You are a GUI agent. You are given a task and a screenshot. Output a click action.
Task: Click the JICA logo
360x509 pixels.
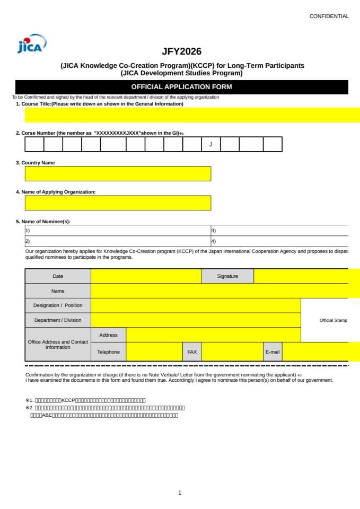click(x=32, y=44)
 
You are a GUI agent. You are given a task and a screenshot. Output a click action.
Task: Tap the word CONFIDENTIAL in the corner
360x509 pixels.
click(x=329, y=16)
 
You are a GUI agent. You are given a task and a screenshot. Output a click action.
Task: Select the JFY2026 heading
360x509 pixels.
click(x=181, y=52)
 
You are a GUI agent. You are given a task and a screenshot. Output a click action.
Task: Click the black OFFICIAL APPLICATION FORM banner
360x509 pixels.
click(x=181, y=87)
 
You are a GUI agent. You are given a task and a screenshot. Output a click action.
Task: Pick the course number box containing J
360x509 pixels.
click(x=210, y=144)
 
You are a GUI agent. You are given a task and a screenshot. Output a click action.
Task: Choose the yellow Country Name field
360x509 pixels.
click(x=118, y=173)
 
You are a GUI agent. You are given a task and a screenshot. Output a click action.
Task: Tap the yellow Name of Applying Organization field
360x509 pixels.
click(x=118, y=203)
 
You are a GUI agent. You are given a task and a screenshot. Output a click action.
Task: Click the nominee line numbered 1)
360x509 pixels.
click(x=117, y=231)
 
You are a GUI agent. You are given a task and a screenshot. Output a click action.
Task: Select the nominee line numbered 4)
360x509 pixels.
click(x=279, y=241)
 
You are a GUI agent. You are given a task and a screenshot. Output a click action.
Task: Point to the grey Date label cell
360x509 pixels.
click(x=58, y=276)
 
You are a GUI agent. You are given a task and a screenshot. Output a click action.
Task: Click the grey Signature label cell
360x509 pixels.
click(x=227, y=276)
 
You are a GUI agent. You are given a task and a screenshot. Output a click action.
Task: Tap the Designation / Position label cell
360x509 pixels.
click(x=58, y=305)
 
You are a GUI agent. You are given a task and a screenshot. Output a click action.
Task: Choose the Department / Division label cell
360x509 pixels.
click(x=58, y=320)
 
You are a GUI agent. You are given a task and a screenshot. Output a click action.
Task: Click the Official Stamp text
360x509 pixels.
click(x=333, y=320)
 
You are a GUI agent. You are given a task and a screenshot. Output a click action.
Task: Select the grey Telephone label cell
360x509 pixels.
click(x=108, y=352)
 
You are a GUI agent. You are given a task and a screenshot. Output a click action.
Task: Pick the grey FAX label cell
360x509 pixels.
click(x=192, y=352)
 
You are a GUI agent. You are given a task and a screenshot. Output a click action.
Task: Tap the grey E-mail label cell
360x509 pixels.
click(x=273, y=352)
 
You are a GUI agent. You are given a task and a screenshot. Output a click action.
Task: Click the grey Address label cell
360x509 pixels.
click(x=108, y=335)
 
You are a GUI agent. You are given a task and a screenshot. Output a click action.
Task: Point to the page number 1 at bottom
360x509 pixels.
click(x=180, y=493)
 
